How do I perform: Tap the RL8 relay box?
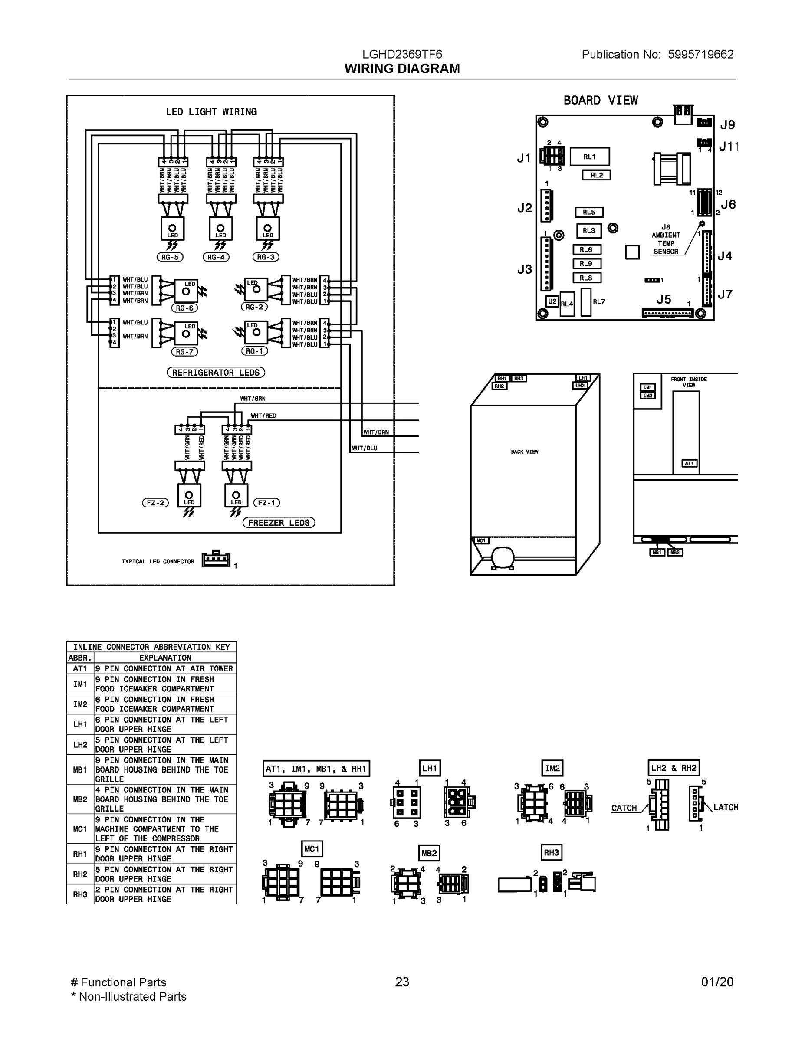click(586, 278)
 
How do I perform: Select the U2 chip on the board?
click(552, 302)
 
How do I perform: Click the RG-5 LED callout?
click(170, 257)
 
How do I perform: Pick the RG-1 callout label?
click(255, 351)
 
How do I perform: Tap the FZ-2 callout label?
click(155, 503)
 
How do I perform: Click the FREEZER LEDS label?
click(279, 522)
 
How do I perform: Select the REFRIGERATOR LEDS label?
click(216, 372)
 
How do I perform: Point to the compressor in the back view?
click(503, 556)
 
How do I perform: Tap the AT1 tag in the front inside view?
click(690, 463)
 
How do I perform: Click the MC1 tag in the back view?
click(481, 540)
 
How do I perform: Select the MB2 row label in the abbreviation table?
click(80, 799)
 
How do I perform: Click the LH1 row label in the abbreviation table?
click(80, 724)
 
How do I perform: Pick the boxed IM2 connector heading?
click(552, 768)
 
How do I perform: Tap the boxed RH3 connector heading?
click(551, 852)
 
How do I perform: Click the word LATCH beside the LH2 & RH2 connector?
click(725, 808)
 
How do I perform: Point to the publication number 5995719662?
click(700, 54)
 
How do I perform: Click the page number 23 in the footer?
click(402, 982)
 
